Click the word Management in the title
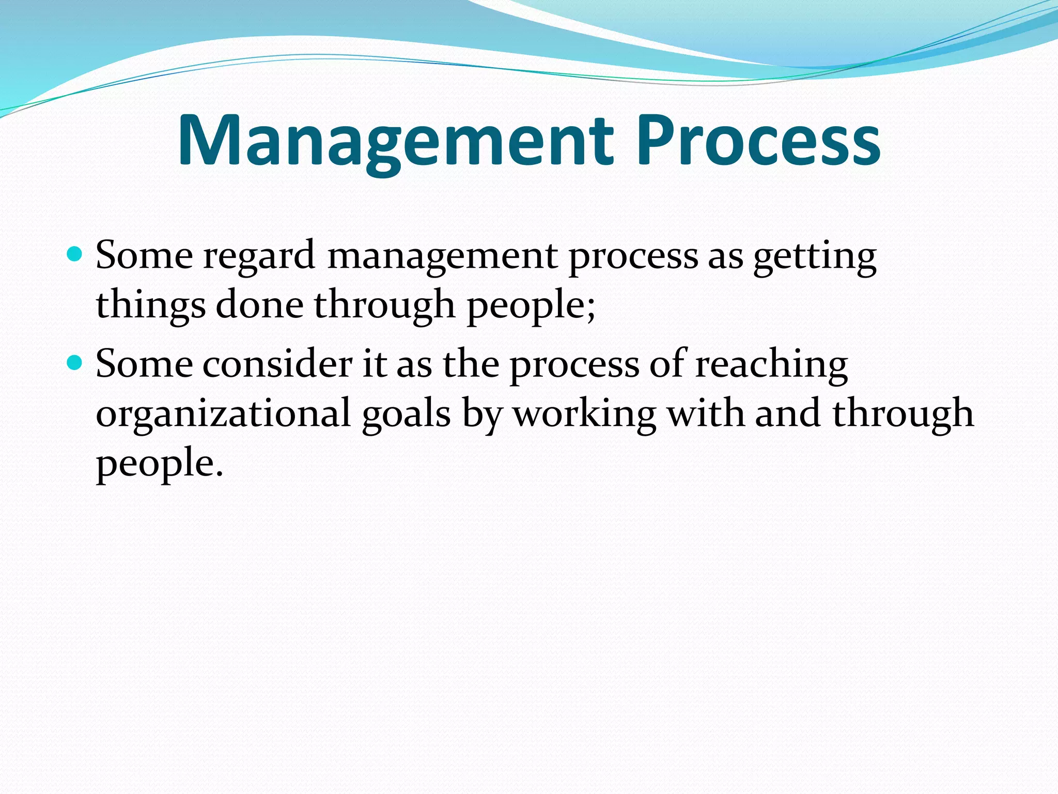pyautogui.click(x=395, y=141)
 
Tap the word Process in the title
pyautogui.click(x=758, y=141)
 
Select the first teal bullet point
pyautogui.click(x=75, y=254)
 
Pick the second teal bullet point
pyautogui.click(x=75, y=363)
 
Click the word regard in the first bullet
pyautogui.click(x=259, y=256)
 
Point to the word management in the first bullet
pyautogui.click(x=442, y=256)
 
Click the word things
pyautogui.click(x=150, y=305)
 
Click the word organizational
pyautogui.click(x=223, y=414)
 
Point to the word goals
pyautogui.click(x=406, y=414)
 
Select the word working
pyautogui.click(x=584, y=414)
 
